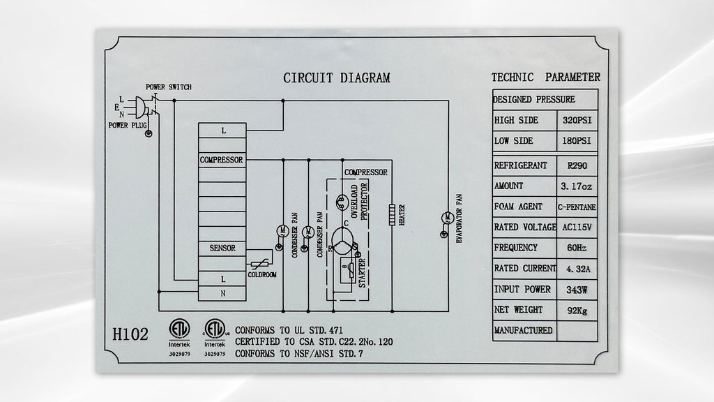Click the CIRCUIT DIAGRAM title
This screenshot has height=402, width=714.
(337, 78)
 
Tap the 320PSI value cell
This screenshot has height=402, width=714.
(577, 120)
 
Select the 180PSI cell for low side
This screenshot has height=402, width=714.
(577, 141)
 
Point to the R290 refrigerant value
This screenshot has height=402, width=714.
(577, 165)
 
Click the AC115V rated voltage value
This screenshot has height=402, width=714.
(577, 227)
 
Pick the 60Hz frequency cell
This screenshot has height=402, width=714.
(577, 248)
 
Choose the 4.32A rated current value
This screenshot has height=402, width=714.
(577, 269)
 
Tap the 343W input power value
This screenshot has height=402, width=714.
(577, 290)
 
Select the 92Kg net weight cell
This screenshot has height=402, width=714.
(577, 311)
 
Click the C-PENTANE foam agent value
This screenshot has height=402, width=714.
(577, 207)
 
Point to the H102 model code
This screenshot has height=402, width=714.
(130, 334)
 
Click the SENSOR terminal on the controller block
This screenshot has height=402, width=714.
(222, 248)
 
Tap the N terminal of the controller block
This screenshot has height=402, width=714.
(222, 294)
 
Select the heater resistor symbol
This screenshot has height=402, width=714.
(392, 215)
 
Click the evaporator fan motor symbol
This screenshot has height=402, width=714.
(447, 218)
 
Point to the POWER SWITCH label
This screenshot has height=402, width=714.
(169, 87)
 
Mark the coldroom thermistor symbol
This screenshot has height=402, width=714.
(260, 263)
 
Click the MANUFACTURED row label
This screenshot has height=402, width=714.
(523, 330)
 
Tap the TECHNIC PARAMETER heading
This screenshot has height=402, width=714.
(545, 77)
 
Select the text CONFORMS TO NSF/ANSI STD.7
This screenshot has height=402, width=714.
(299, 354)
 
